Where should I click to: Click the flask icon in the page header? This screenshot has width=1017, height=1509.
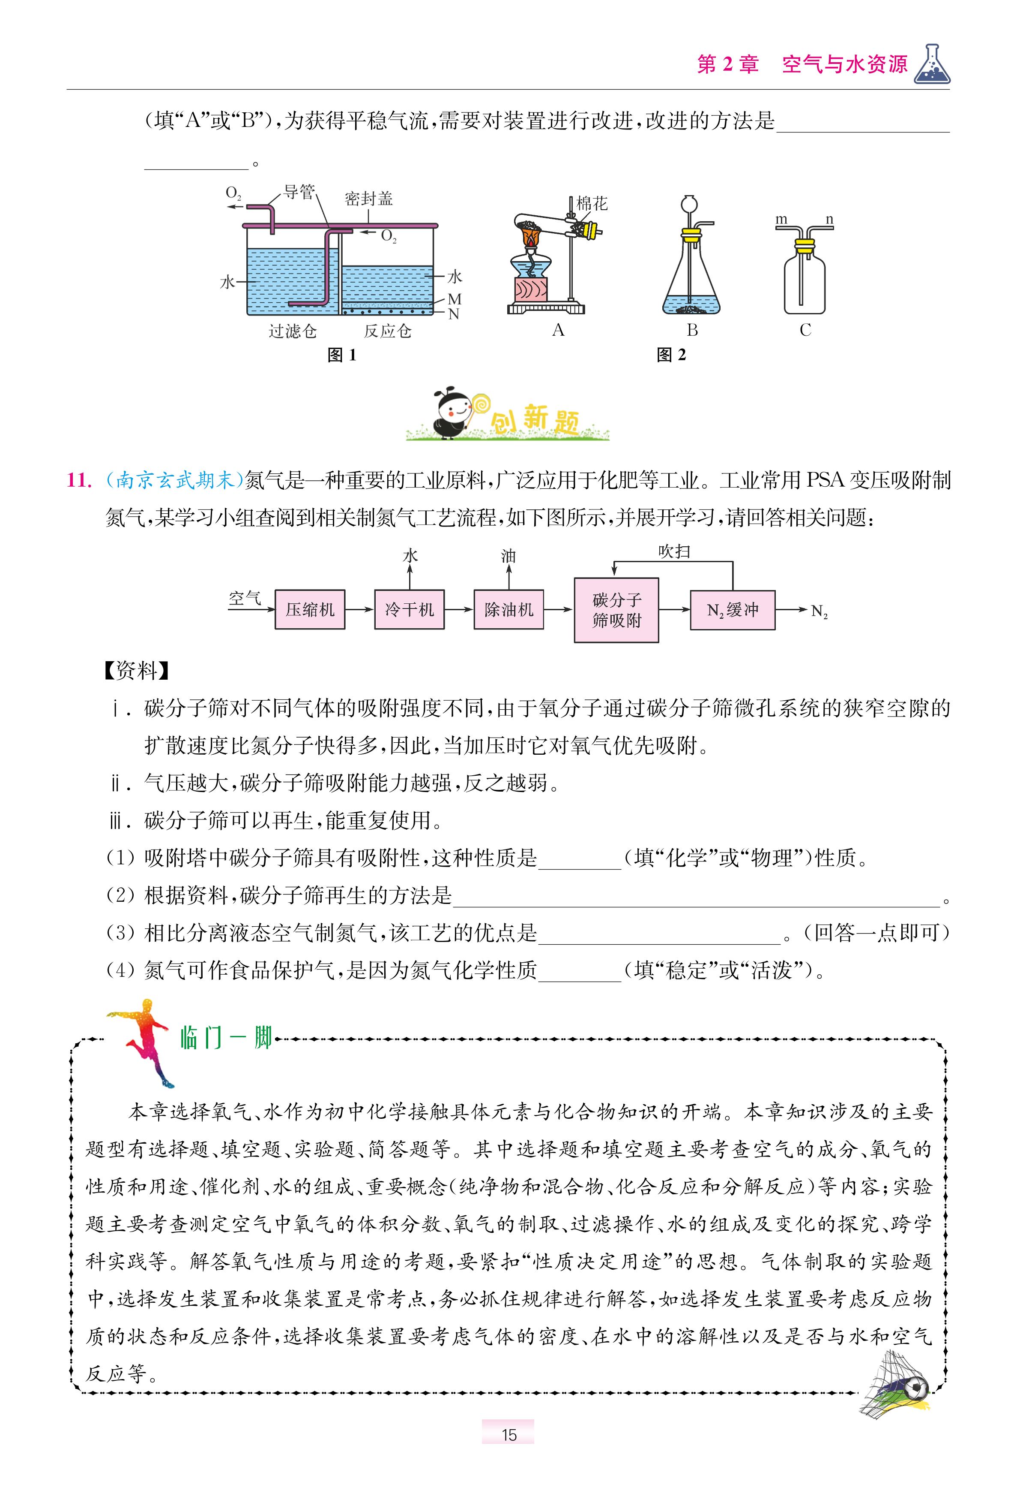pyautogui.click(x=932, y=65)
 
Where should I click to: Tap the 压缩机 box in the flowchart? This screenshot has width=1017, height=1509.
pyautogui.click(x=310, y=609)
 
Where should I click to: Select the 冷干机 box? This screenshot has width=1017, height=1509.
pyautogui.click(x=409, y=609)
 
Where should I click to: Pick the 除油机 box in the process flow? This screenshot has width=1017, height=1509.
pyautogui.click(x=508, y=609)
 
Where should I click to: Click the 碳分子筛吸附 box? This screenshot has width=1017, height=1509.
pyautogui.click(x=616, y=610)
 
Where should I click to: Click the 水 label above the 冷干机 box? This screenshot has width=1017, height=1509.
pyautogui.click(x=410, y=556)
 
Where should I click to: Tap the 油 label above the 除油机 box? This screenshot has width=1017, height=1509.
pyautogui.click(x=508, y=556)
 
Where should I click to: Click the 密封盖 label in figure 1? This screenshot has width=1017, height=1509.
pyautogui.click(x=368, y=199)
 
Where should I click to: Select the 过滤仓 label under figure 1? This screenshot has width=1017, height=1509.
pyautogui.click(x=293, y=331)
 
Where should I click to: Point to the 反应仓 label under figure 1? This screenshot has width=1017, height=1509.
pyautogui.click(x=387, y=331)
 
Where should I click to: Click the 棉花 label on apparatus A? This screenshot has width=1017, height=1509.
pyautogui.click(x=592, y=204)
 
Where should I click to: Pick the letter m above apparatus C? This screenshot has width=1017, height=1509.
pyautogui.click(x=781, y=220)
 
